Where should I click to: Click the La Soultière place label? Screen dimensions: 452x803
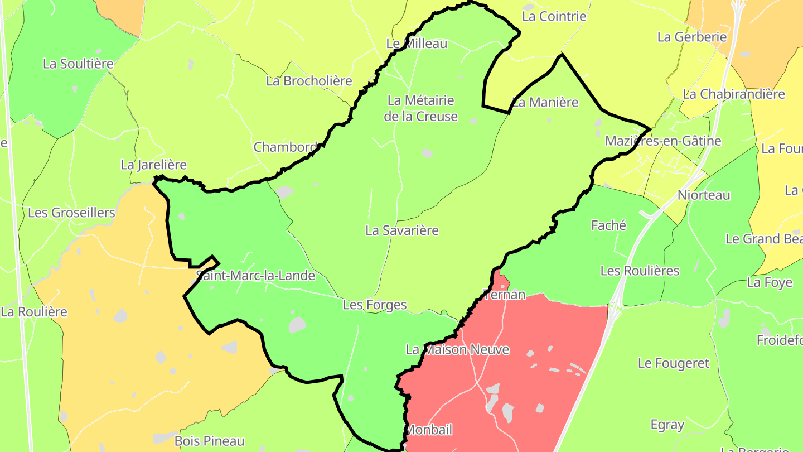tap(78, 64)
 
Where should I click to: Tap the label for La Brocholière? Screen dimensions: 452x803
tap(309, 81)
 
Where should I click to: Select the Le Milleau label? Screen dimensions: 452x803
tap(417, 44)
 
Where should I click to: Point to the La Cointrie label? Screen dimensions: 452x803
tap(554, 16)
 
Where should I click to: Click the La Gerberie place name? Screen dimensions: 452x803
tap(692, 37)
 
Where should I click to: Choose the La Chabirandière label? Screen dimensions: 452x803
tap(733, 94)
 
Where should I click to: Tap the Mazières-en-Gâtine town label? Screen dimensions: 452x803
tap(663, 141)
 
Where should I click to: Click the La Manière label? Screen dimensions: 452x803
tap(545, 103)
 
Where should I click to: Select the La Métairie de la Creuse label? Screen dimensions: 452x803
tap(421, 108)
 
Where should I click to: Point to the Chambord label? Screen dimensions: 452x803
tap(285, 147)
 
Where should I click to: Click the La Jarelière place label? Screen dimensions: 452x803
tap(153, 165)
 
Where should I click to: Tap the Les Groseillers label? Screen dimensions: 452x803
tap(71, 213)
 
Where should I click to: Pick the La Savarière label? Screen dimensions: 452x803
tap(402, 230)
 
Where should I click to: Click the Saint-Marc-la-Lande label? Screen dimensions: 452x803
tap(255, 276)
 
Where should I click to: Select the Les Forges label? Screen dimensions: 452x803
tap(375, 305)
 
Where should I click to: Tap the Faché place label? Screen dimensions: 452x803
tap(608, 225)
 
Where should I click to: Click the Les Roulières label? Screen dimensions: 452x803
tap(640, 271)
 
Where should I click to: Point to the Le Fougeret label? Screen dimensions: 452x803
tap(674, 363)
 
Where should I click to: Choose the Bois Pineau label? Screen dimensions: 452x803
tap(209, 441)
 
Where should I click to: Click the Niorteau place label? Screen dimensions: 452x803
tap(704, 195)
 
